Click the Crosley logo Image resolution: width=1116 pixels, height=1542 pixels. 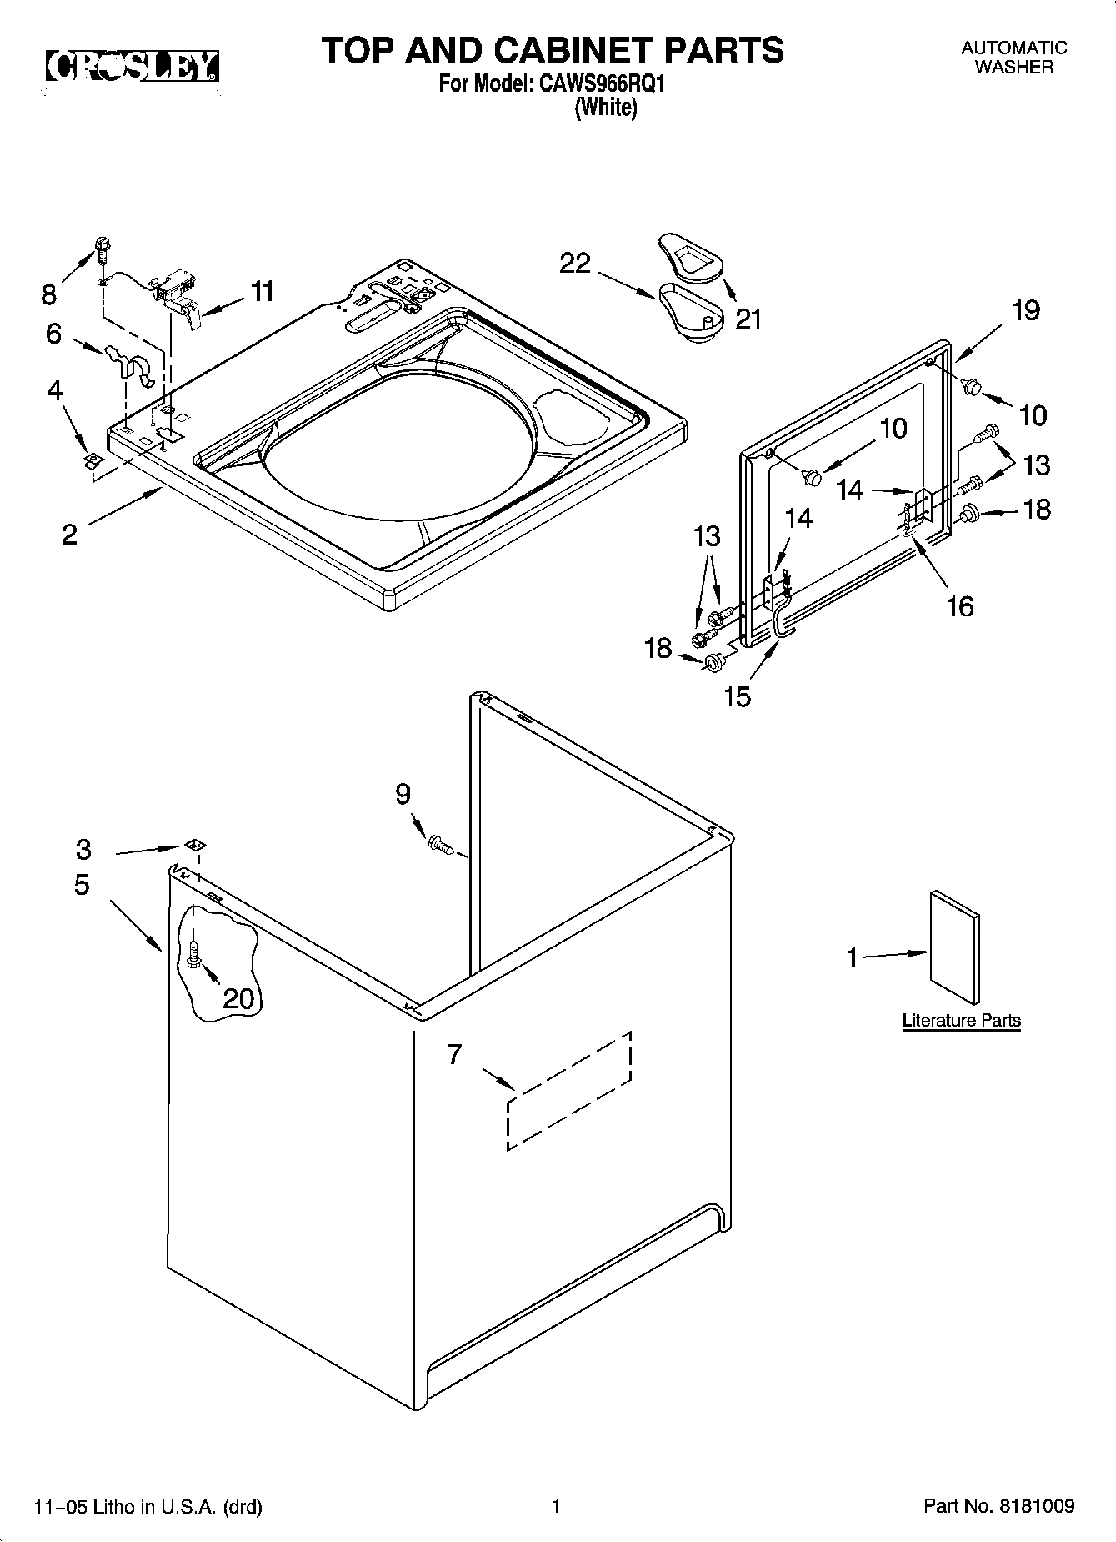(x=132, y=67)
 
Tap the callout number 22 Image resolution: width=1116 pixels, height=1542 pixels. (x=575, y=264)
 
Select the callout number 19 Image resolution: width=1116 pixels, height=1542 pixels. (x=1026, y=311)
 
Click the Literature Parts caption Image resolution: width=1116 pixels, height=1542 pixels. (x=961, y=1020)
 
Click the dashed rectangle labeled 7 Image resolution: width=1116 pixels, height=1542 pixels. (x=568, y=1090)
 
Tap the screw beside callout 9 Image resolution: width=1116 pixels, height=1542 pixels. (x=441, y=845)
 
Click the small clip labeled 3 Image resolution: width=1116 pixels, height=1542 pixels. (x=193, y=845)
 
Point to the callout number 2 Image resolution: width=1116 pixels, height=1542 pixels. (x=69, y=534)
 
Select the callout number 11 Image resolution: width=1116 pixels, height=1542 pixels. (x=262, y=291)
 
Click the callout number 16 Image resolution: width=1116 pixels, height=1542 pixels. (x=960, y=606)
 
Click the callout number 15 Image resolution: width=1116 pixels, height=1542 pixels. (x=738, y=696)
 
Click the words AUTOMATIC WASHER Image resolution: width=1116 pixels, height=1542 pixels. (x=1013, y=58)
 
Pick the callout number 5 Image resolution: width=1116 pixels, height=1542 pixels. (x=81, y=885)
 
